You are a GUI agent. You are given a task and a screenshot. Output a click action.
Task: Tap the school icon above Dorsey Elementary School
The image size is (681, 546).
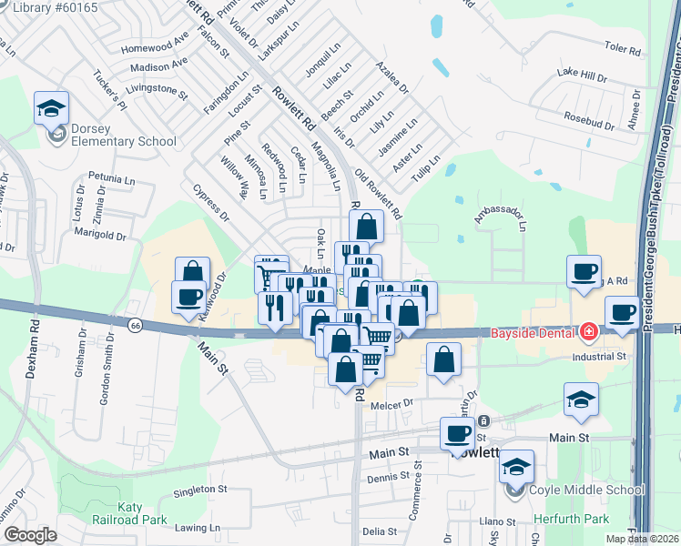(52, 109)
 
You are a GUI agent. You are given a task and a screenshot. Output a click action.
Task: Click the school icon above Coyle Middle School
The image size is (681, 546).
(516, 468)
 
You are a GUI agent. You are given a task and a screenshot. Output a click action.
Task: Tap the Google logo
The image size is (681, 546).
(30, 535)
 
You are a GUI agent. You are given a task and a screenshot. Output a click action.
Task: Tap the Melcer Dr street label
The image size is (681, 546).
(392, 401)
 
